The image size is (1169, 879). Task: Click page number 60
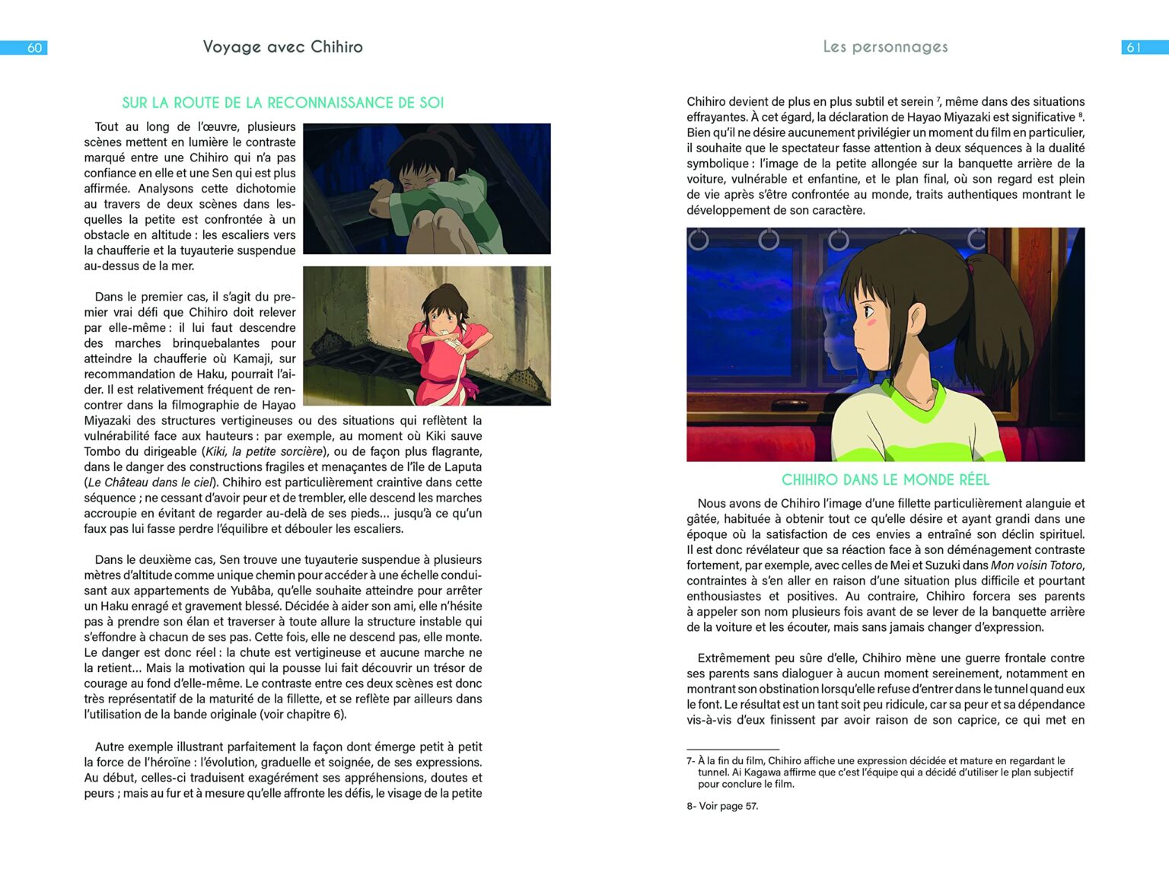34,48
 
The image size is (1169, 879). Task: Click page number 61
1133,48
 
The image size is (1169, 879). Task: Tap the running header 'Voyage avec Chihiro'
282,47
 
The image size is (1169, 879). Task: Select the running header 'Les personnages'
885,47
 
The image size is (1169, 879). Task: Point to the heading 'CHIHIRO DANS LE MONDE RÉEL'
885,480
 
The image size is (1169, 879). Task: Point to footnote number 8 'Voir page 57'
722,807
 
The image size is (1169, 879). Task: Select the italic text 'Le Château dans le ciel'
151,482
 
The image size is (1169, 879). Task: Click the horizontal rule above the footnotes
732,750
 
